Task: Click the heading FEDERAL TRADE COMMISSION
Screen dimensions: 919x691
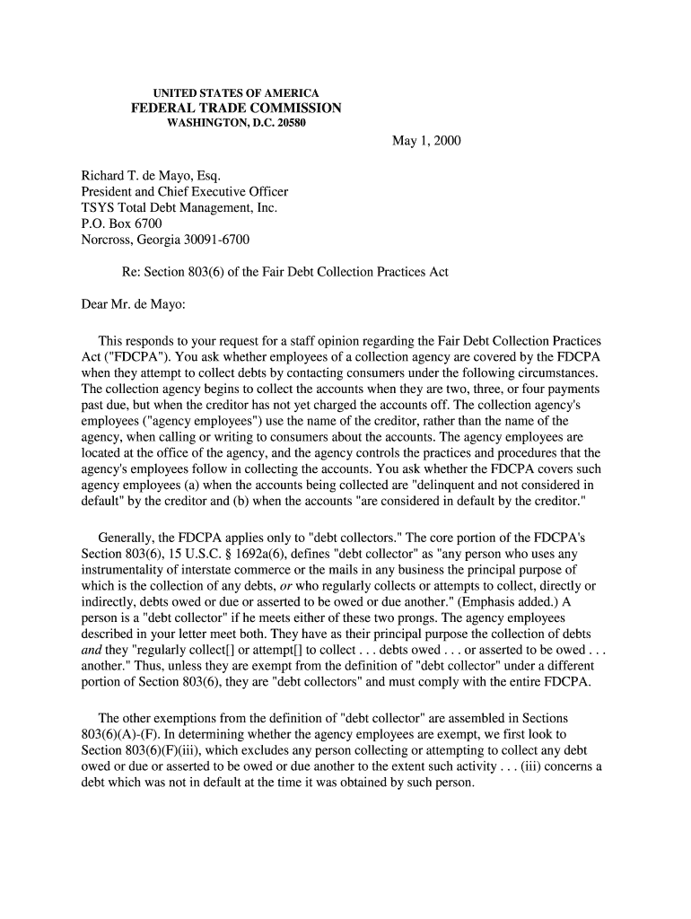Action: click(237, 109)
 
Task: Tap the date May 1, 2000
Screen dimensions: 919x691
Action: click(426, 142)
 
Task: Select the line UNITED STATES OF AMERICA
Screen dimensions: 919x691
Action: click(237, 93)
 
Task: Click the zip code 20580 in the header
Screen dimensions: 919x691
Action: click(289, 123)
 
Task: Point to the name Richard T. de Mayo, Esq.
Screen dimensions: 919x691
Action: click(144, 175)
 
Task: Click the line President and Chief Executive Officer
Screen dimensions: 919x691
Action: click(185, 191)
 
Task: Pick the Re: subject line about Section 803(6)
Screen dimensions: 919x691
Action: click(284, 272)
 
